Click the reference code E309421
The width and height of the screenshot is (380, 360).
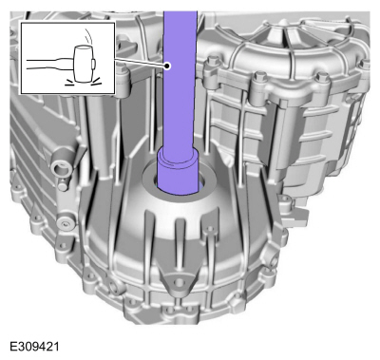point(34,347)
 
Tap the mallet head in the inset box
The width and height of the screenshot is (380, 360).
point(84,64)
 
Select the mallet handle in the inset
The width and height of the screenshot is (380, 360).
point(50,64)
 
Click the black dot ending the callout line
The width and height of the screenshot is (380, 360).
point(167,66)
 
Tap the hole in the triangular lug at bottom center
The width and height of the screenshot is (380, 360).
point(179,282)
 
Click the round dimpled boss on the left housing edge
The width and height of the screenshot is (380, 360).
point(66,223)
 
